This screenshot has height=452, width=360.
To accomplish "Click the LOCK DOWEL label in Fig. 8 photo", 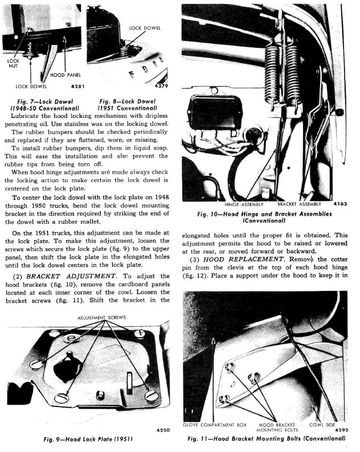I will pyautogui.click(x=144, y=27).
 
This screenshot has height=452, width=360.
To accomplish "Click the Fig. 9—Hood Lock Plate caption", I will pyautogui.click(x=87, y=440).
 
